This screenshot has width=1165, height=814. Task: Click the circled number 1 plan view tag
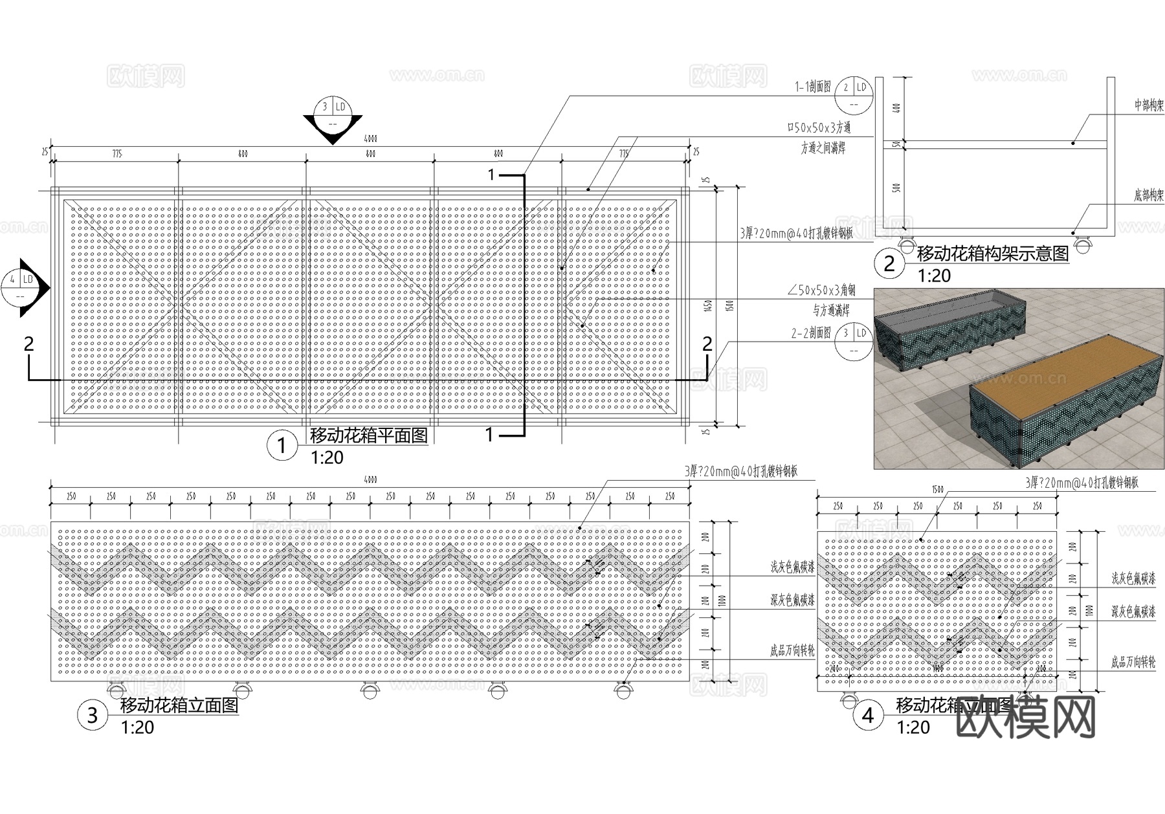pyautogui.click(x=282, y=445)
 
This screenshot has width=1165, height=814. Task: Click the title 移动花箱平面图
pyautogui.click(x=369, y=435)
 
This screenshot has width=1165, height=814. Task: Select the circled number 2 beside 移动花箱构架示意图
pyautogui.click(x=889, y=263)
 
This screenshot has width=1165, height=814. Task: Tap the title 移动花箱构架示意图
pyautogui.click(x=993, y=253)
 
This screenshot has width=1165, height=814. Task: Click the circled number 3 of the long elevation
pyautogui.click(x=93, y=715)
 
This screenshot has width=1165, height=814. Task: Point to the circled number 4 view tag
pyautogui.click(x=868, y=715)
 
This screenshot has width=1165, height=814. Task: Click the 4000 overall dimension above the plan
pyautogui.click(x=370, y=139)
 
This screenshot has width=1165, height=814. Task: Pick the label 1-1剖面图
pyautogui.click(x=813, y=87)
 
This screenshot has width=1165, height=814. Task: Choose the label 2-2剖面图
pyautogui.click(x=811, y=333)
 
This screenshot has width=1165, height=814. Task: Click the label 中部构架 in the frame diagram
pyautogui.click(x=1148, y=105)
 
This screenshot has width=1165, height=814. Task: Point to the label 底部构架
pyautogui.click(x=1148, y=195)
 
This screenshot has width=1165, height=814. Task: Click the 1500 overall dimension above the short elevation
pyautogui.click(x=937, y=490)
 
